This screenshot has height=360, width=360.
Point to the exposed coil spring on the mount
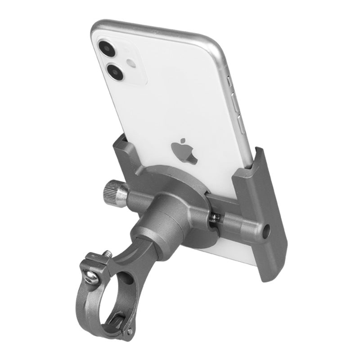[215, 217]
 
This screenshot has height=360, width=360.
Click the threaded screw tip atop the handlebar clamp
[107, 255]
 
